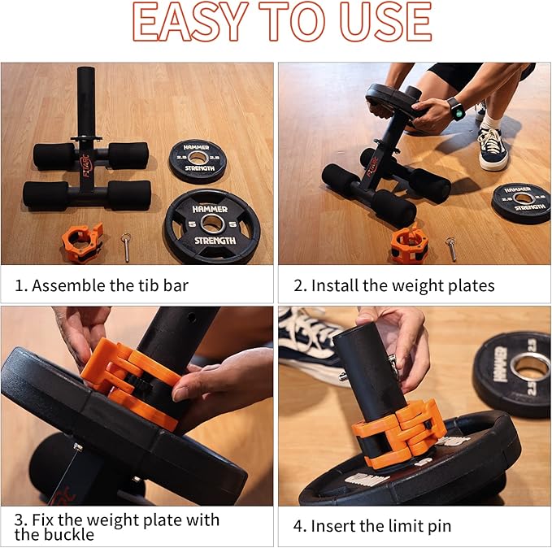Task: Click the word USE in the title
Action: [x=386, y=22]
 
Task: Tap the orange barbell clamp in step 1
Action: [x=82, y=242]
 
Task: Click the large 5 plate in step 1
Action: [x=212, y=226]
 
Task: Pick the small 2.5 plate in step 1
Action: [x=197, y=160]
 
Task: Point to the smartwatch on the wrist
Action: [x=457, y=109]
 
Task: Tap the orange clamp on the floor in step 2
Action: [x=410, y=245]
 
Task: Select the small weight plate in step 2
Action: [x=521, y=203]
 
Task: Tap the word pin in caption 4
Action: [x=440, y=527]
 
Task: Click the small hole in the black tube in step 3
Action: [x=192, y=318]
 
